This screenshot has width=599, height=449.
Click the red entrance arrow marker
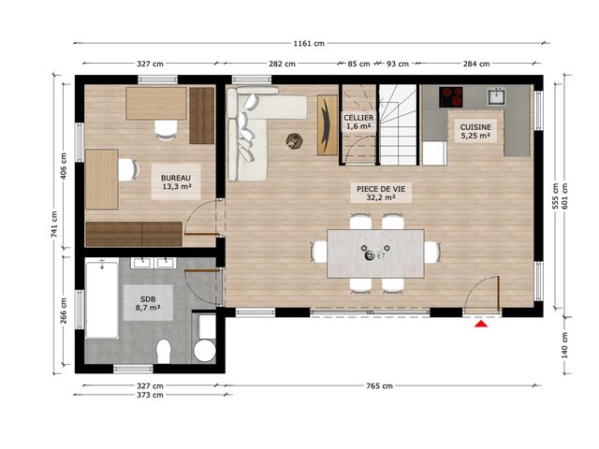482,325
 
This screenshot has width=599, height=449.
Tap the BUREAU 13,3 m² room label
176,182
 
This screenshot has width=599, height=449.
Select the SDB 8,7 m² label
148,303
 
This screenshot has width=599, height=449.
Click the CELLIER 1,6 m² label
358,122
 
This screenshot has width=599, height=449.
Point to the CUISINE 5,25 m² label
475,131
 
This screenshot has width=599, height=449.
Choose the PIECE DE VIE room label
381,193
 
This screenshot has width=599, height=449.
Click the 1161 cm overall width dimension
309,44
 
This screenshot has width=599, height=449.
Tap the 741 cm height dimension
54,224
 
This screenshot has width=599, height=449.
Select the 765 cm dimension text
379,386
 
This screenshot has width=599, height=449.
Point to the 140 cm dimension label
565,345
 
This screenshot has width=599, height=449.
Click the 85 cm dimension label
358,64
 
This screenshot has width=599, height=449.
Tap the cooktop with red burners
451,97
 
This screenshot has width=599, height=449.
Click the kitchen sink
496,96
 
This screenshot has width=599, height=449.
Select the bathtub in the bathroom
102,298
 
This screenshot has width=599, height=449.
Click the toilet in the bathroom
164,351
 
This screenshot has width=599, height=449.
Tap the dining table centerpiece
373,252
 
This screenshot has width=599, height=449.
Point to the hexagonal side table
294,140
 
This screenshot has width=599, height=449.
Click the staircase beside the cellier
397,124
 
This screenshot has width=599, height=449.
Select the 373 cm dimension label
150,395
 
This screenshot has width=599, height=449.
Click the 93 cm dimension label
398,64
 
